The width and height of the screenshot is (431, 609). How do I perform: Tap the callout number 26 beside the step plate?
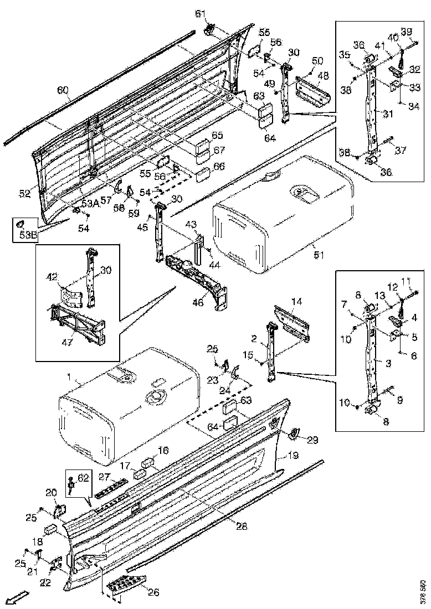(x=153, y=592)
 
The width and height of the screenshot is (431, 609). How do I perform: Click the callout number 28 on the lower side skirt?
(x=242, y=527)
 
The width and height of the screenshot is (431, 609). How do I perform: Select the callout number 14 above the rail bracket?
(x=297, y=301)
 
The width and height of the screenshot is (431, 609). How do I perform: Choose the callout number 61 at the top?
(x=200, y=14)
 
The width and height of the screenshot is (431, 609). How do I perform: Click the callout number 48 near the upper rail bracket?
(x=323, y=75)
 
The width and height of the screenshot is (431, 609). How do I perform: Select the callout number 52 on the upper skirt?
(x=24, y=193)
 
